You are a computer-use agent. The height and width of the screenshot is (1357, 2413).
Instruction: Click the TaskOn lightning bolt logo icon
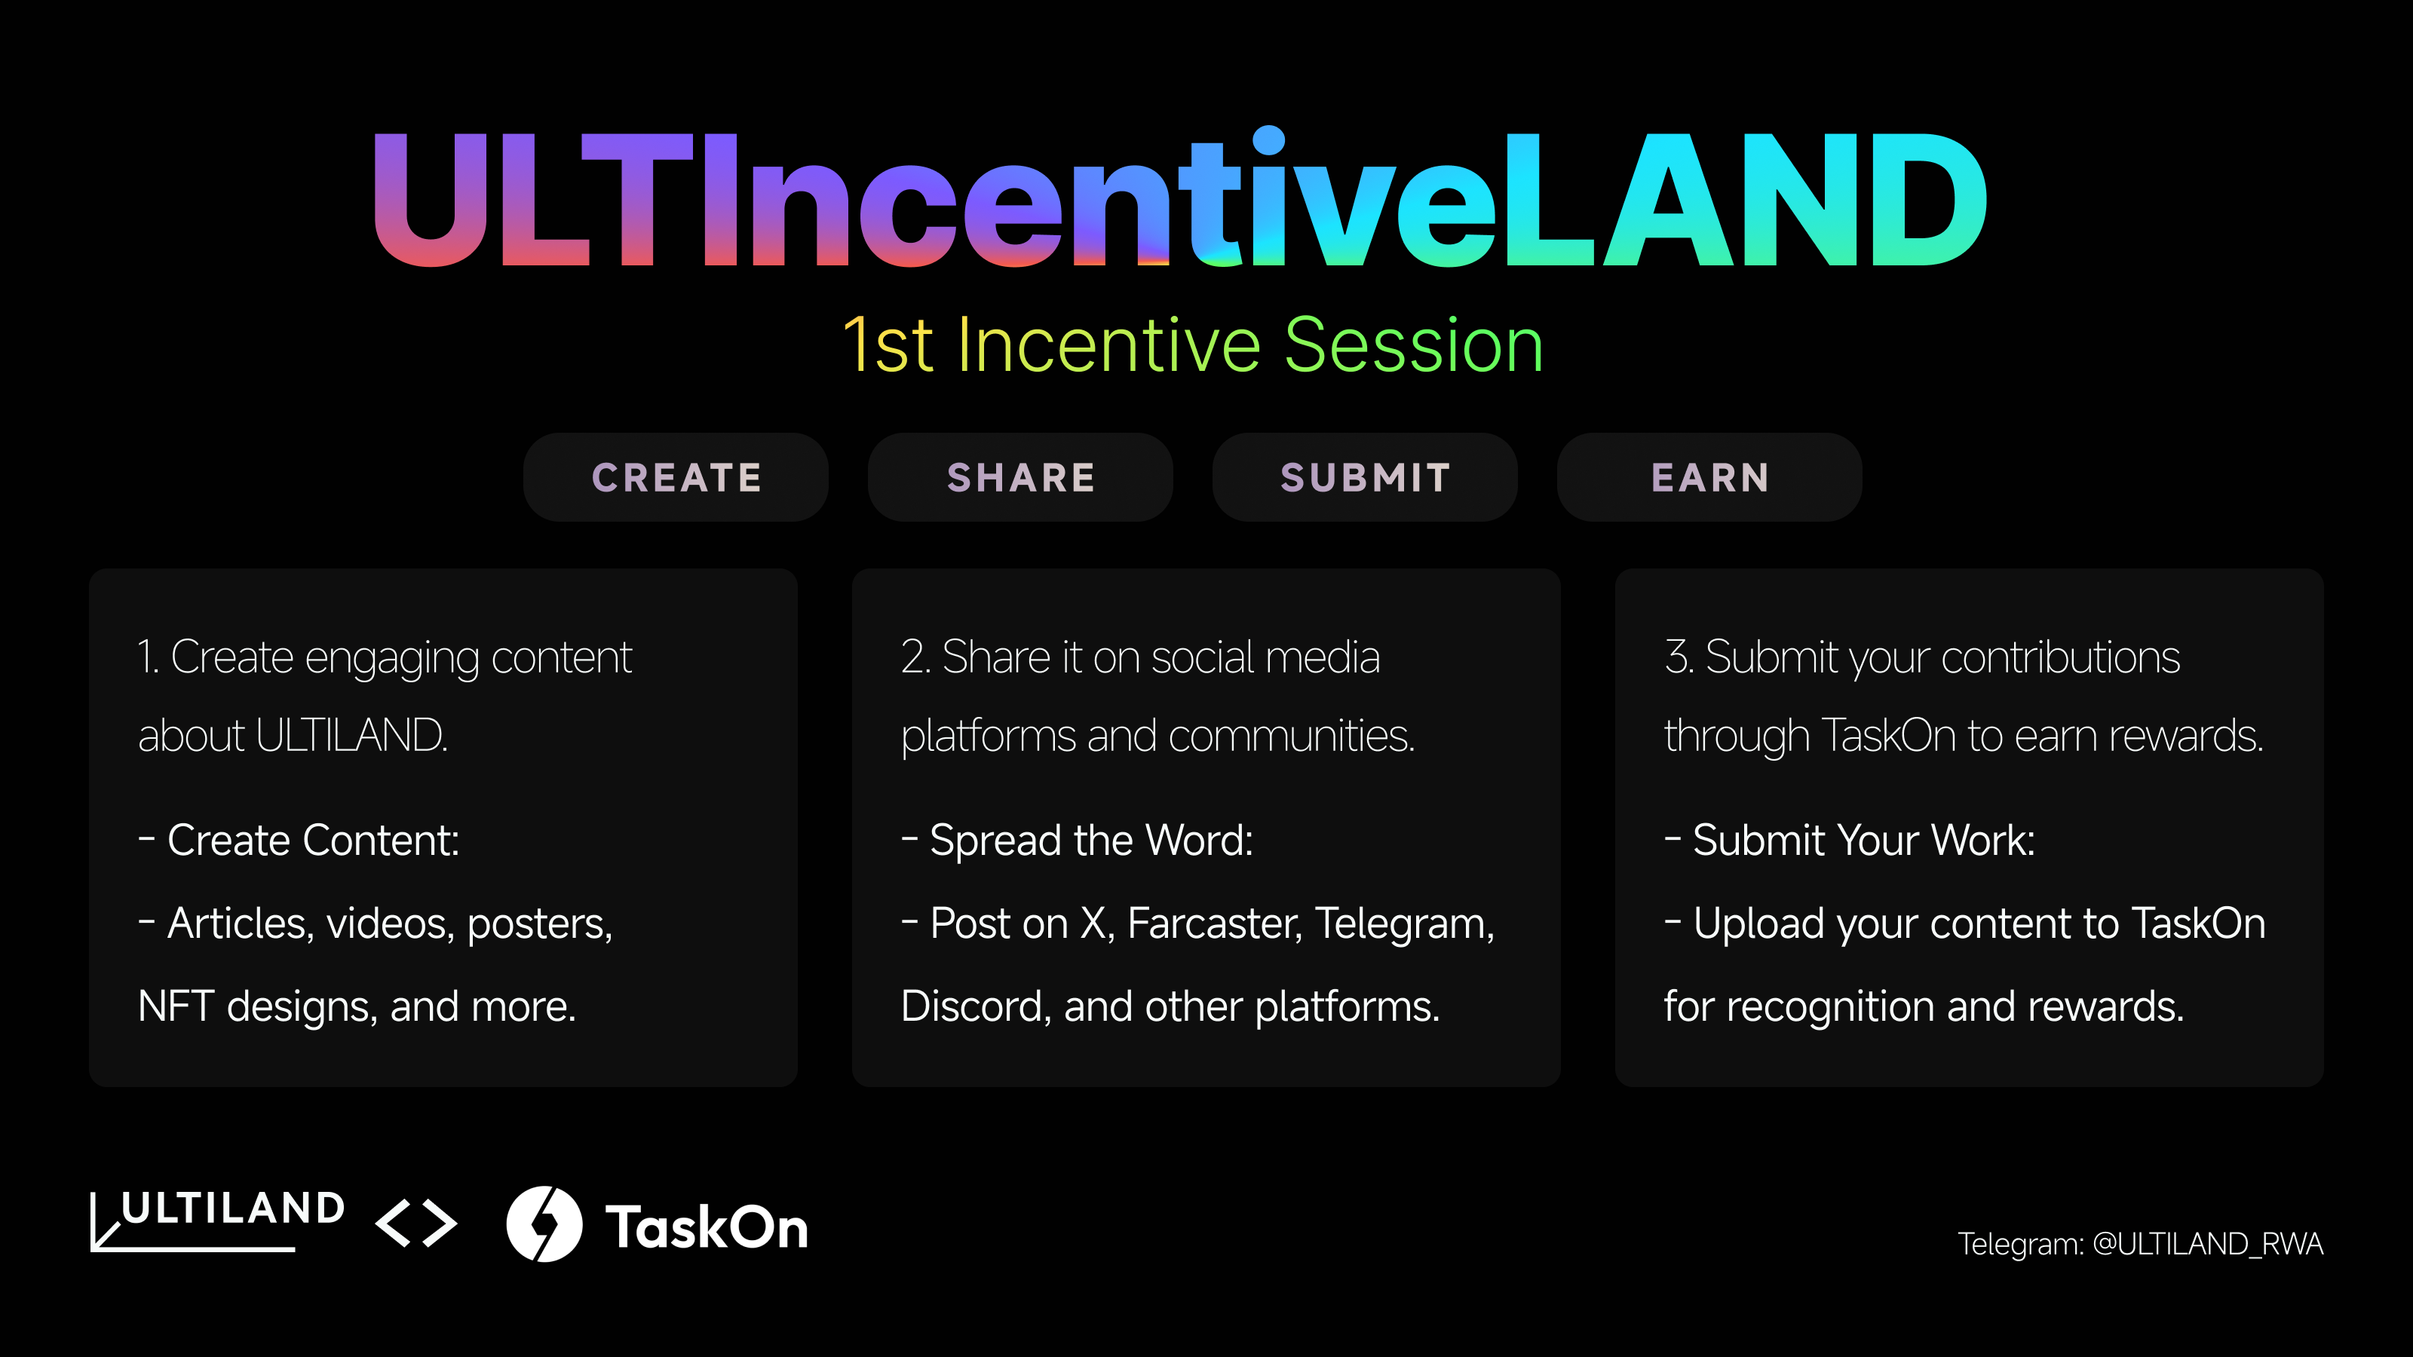click(544, 1224)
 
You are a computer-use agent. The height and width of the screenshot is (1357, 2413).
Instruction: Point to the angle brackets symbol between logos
click(416, 1223)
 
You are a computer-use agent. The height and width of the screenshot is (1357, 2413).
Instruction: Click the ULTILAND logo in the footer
click(217, 1221)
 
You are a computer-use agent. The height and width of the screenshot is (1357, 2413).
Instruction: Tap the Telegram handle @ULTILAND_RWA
click(2208, 1244)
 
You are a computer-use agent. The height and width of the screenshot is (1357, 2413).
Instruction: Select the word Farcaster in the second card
click(1214, 924)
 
